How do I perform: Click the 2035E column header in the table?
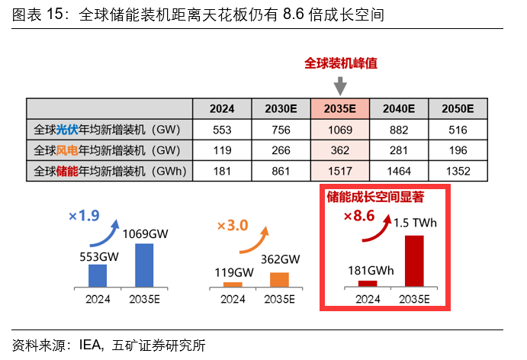(339, 108)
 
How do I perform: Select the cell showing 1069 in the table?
(339, 130)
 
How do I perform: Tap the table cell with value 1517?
(339, 170)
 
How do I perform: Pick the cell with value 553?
(222, 130)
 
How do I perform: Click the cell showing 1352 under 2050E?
(458, 170)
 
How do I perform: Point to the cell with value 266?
(281, 150)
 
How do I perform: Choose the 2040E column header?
(398, 108)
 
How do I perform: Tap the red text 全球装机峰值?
(341, 63)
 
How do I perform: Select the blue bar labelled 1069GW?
(144, 265)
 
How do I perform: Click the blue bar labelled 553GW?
(98, 275)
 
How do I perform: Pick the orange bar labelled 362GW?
(280, 278)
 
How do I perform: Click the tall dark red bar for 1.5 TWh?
(414, 260)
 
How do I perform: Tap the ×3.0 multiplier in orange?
(233, 226)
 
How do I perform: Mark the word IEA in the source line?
(91, 345)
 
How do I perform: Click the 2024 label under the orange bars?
(233, 300)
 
